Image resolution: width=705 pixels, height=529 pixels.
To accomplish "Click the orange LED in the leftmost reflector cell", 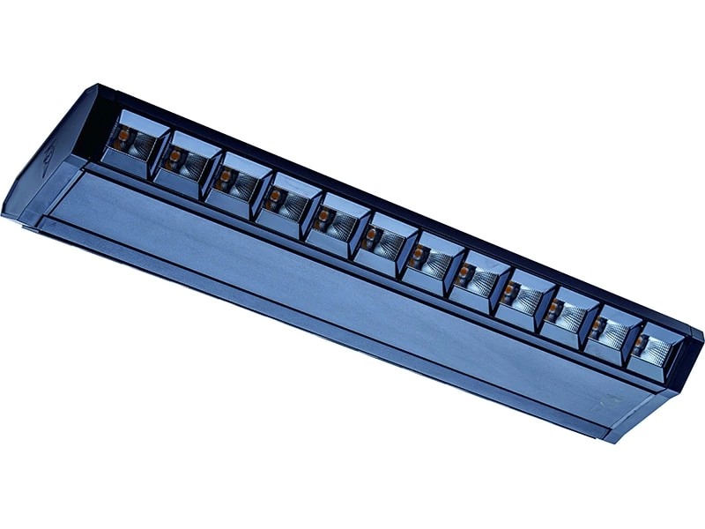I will click(x=123, y=136).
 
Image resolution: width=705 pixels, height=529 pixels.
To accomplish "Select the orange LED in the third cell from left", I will click(x=225, y=176).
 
